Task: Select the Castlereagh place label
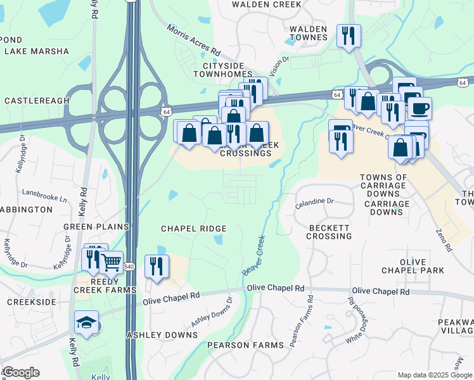click(x=36, y=101)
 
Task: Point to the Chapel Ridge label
click(x=193, y=228)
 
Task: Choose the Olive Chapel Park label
click(x=426, y=266)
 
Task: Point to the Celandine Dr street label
click(x=314, y=201)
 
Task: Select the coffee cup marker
click(x=419, y=108)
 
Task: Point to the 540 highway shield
click(x=130, y=267)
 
